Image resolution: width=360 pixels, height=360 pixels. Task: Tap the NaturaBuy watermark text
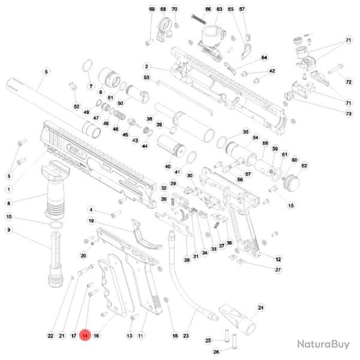pos(323,344)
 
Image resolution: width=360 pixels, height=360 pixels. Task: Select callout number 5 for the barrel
pos(46,72)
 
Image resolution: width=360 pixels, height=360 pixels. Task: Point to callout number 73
pos(348,114)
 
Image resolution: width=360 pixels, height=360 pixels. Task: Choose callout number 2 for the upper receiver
pos(146,66)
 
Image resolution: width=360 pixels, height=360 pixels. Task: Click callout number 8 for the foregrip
pos(9,203)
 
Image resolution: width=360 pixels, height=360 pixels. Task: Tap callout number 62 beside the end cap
pos(304,166)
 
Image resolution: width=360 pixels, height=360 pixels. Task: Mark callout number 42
pos(272,71)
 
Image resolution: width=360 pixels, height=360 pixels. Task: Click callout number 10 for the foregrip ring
pos(9,217)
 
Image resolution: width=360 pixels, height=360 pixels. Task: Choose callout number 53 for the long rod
pos(146,78)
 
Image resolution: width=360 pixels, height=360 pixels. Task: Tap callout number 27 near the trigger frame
pos(278,270)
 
